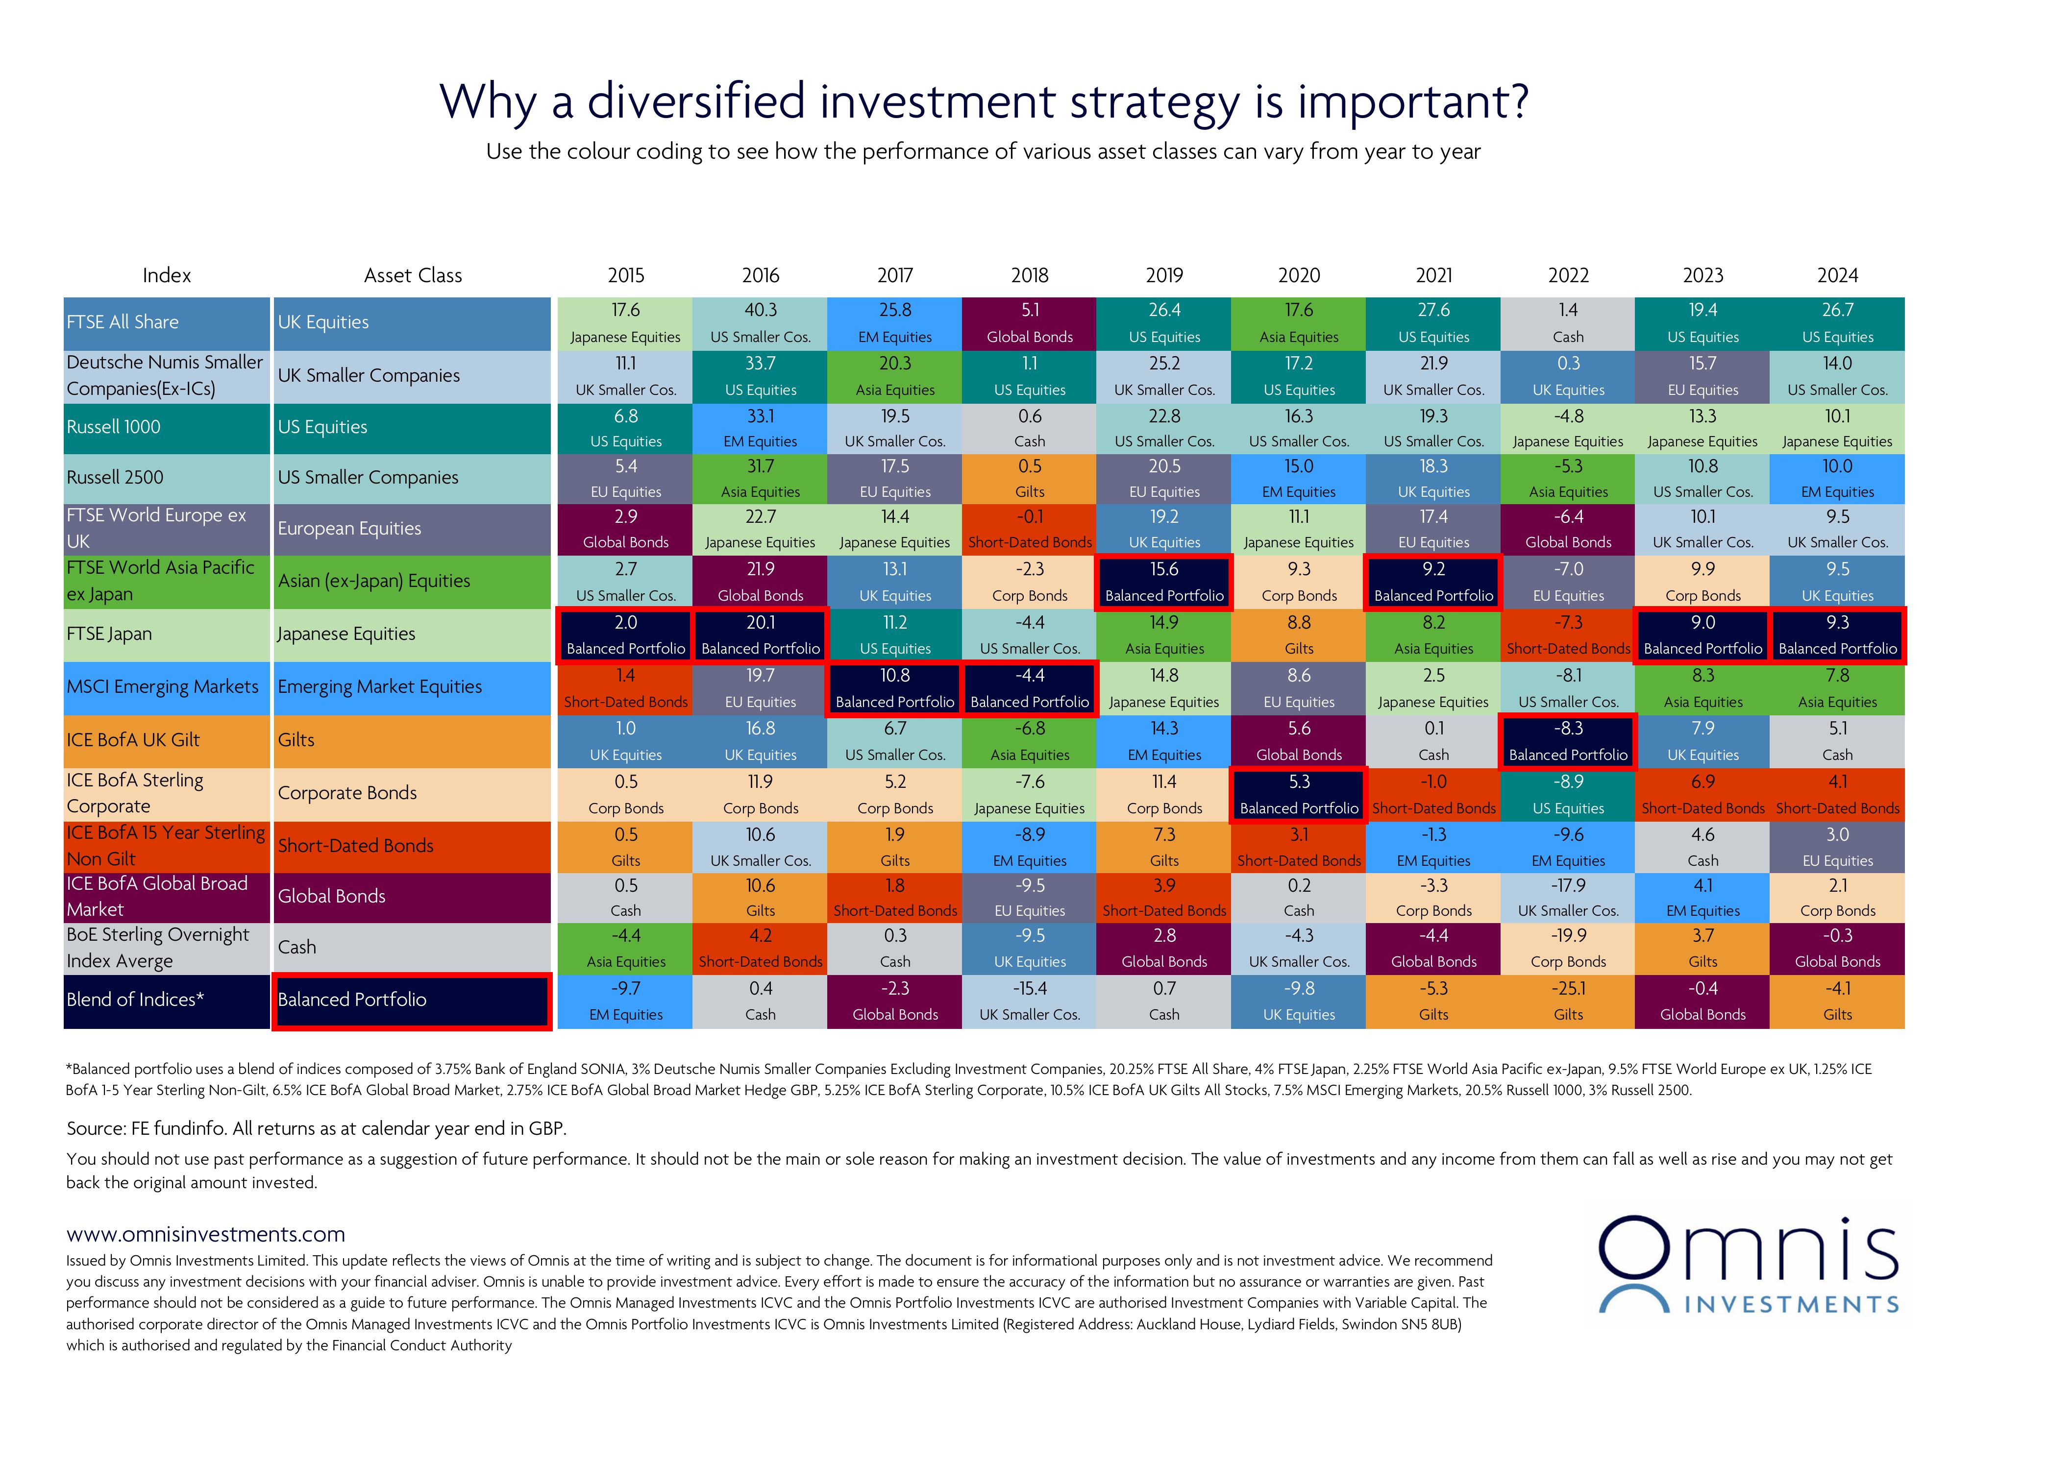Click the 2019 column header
pyautogui.click(x=1164, y=275)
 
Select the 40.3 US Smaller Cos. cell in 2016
pyautogui.click(x=760, y=323)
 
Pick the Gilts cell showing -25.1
pyautogui.click(x=1568, y=1001)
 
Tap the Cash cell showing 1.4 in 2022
pyautogui.click(x=1568, y=323)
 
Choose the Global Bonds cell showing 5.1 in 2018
pyautogui.click(x=1030, y=323)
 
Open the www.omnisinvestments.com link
pyautogui.click(x=206, y=1234)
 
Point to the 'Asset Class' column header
pyautogui.click(x=413, y=275)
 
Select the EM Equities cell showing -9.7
pyautogui.click(x=625, y=1001)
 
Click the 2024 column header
pyautogui.click(x=1837, y=275)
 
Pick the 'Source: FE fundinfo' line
pyautogui.click(x=316, y=1128)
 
